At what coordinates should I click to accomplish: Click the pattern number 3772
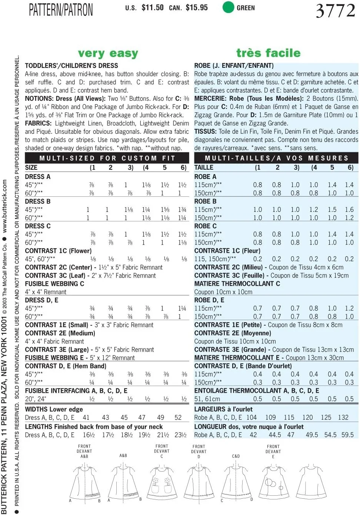(x=335, y=10)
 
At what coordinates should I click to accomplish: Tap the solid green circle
(x=228, y=7)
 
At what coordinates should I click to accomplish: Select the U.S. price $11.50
(x=152, y=7)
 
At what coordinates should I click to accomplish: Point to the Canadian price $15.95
(x=197, y=7)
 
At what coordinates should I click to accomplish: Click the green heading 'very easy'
(x=108, y=53)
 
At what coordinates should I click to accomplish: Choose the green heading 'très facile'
(x=268, y=53)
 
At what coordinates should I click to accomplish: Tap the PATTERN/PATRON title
(x=61, y=10)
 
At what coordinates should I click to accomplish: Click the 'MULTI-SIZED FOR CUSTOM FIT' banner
(x=107, y=158)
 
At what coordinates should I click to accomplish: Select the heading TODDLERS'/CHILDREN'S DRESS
(x=71, y=66)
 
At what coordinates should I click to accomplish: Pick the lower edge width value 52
(x=178, y=418)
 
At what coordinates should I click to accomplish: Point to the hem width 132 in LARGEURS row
(x=343, y=418)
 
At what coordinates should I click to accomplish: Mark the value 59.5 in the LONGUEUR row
(x=347, y=435)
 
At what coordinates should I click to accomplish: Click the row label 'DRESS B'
(x=38, y=202)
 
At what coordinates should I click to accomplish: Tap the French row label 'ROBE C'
(x=206, y=226)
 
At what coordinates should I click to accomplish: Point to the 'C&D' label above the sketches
(x=236, y=456)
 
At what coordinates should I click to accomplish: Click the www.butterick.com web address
(x=4, y=205)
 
